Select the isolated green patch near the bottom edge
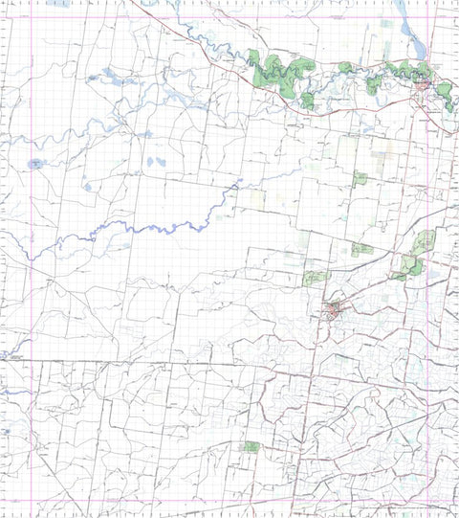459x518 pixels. (x=251, y=447)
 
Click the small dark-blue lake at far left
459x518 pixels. (x=35, y=164)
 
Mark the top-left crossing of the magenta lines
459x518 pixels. (x=32, y=13)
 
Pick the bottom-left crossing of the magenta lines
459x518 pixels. (x=32, y=500)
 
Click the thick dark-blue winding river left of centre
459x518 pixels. (x=143, y=228)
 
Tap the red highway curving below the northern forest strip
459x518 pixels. (x=287, y=101)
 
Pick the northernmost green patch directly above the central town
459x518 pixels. (x=360, y=178)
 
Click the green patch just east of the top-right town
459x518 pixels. (x=445, y=91)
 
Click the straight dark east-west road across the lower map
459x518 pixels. (x=143, y=364)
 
